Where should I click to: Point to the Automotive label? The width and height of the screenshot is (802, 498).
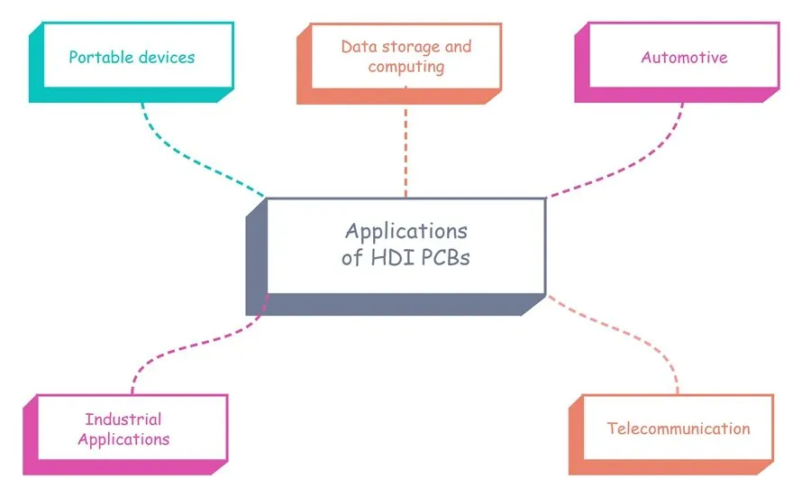[684, 58]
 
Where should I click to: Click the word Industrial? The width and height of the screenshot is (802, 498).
[123, 420]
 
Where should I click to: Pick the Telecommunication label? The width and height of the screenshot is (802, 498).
[678, 429]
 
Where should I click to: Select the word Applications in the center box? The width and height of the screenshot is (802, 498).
[406, 230]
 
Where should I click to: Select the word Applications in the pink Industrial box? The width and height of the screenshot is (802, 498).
[123, 440]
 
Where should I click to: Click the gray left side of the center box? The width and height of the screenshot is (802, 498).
[256, 262]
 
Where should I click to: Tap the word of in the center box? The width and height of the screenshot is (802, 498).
[351, 257]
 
